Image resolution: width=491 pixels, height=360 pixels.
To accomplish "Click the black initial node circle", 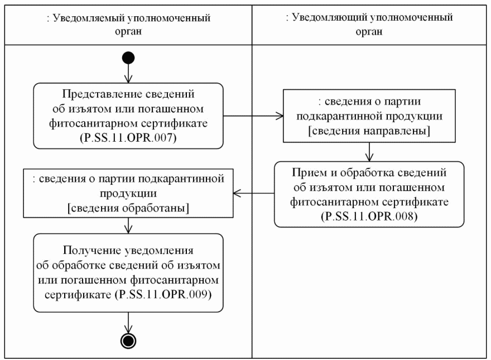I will tap(129, 57).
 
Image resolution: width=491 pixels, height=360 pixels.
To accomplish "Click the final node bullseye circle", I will tap(129, 340).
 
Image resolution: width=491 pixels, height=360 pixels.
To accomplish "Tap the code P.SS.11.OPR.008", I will tap(369, 215).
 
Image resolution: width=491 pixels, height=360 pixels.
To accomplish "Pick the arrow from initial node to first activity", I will tap(129, 73).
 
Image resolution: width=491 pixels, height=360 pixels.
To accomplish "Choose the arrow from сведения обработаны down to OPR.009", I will tap(129, 225).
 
